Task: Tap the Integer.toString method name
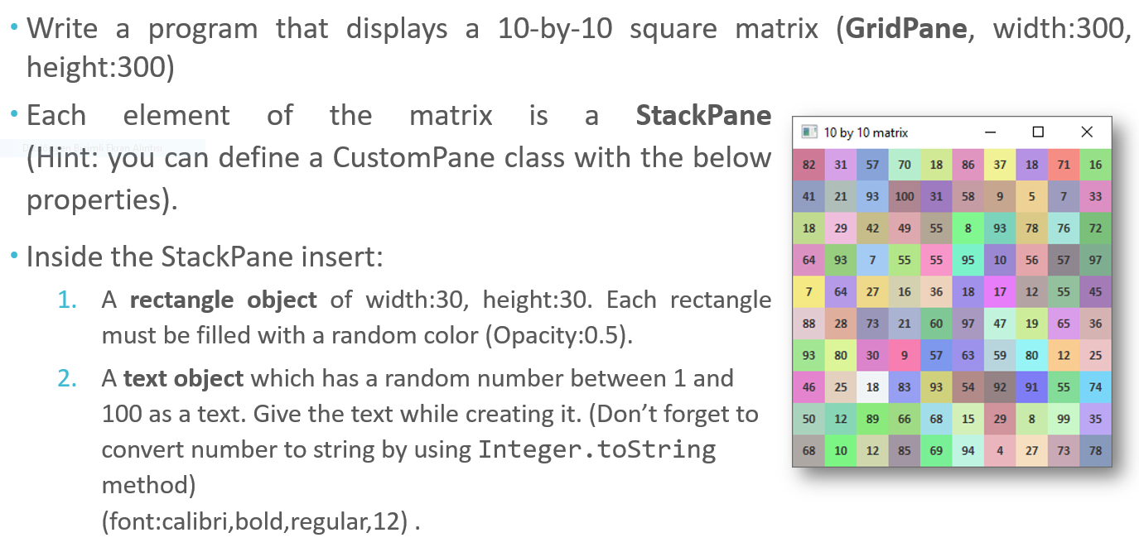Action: click(596, 449)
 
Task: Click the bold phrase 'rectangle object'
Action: click(224, 300)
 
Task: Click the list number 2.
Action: click(68, 379)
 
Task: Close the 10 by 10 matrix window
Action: click(1087, 132)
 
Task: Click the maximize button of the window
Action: click(1039, 132)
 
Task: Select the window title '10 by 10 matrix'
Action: click(865, 132)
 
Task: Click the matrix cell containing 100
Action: click(904, 196)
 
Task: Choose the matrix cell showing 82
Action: click(809, 165)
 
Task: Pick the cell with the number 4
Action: click(1000, 451)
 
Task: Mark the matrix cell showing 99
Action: click(1064, 420)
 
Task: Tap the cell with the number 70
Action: click(905, 165)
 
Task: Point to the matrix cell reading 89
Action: click(872, 420)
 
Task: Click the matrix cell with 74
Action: click(1095, 387)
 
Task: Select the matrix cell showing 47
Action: click(1000, 324)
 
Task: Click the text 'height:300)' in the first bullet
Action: click(100, 68)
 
